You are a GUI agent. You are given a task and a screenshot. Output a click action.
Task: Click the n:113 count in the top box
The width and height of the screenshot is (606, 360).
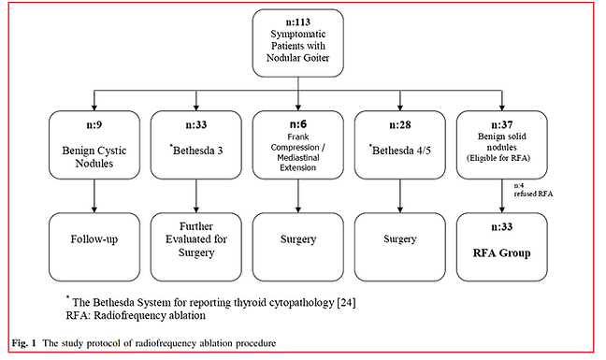[x=298, y=21]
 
